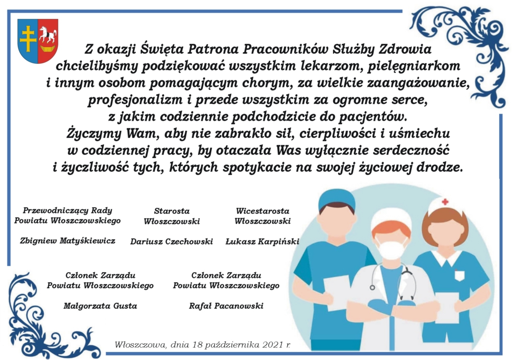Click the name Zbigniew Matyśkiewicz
click(67, 240)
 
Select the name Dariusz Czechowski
click(172, 241)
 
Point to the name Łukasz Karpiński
click(262, 241)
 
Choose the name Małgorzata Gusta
click(100, 306)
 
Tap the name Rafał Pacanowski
click(226, 306)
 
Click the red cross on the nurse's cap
click(445, 202)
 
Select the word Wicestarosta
click(262, 211)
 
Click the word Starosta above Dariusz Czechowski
click(172, 211)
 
